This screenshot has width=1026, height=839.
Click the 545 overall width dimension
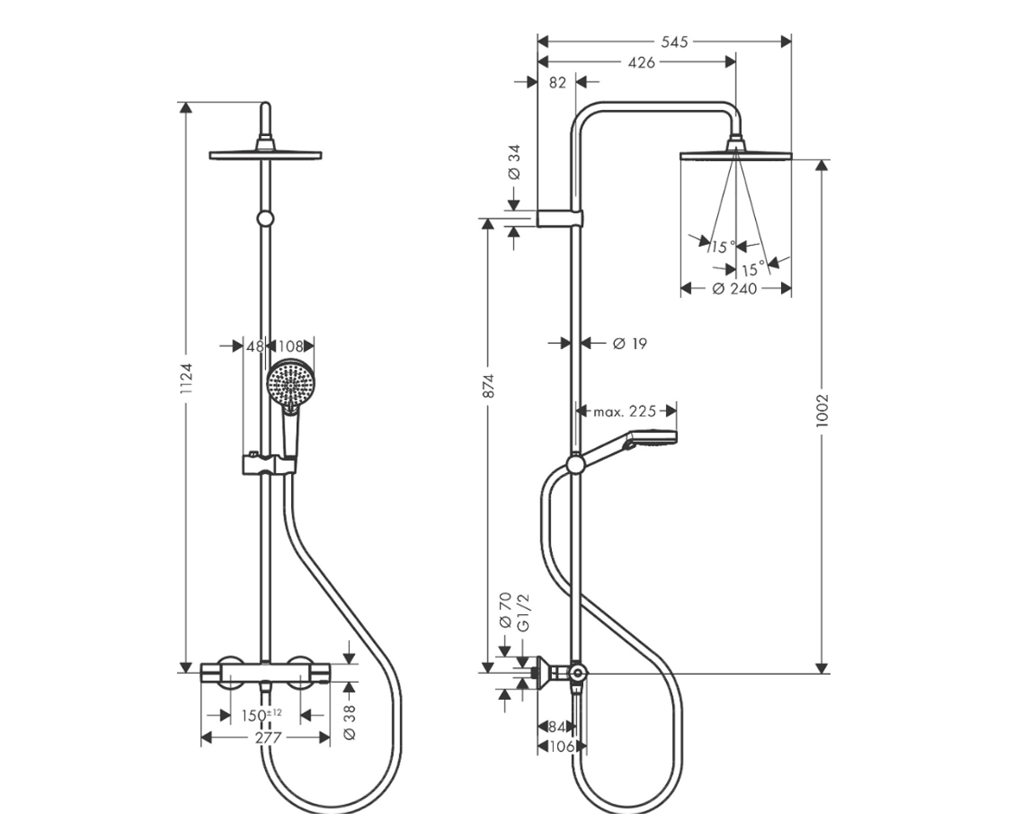[x=674, y=42]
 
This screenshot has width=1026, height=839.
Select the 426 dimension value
[x=641, y=63]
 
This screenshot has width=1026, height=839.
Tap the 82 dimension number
[x=558, y=83]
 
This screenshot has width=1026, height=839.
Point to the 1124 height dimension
[x=186, y=378]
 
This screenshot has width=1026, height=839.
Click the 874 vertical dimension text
[x=488, y=386]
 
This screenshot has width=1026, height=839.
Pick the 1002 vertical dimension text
[x=821, y=411]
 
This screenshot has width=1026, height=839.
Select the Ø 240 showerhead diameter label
[x=735, y=289]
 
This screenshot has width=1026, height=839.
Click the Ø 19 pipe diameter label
[x=630, y=344]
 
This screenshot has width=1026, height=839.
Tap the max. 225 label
[x=625, y=412]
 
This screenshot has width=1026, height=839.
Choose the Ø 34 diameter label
[x=514, y=162]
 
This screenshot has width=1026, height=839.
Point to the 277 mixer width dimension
[x=268, y=738]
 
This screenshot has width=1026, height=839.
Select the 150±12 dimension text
[x=262, y=715]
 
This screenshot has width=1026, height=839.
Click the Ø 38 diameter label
[x=350, y=722]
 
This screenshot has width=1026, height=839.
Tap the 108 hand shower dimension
[x=290, y=347]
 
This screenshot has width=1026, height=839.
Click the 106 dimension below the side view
[x=562, y=747]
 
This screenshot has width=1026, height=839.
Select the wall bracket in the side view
[x=560, y=218]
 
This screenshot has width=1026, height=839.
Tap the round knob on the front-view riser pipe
[x=265, y=219]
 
